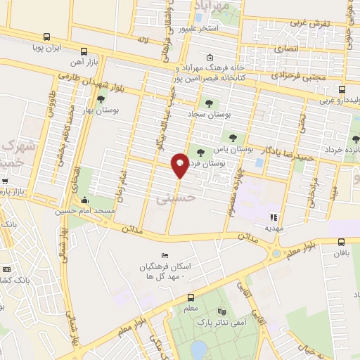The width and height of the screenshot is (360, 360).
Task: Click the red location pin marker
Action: tap(179, 166)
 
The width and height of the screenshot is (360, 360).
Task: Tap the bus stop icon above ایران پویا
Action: tap(46, 37)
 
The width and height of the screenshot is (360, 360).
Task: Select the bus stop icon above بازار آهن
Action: tap(84, 51)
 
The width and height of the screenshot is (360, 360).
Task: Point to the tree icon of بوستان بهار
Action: tap(102, 99)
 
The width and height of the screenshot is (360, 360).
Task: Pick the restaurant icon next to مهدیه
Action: tap(274, 217)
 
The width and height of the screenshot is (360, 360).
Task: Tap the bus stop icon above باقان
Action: tap(342, 240)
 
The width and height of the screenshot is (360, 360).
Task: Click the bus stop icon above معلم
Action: tap(169, 297)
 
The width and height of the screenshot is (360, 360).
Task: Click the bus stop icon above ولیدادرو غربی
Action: tap(342, 89)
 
